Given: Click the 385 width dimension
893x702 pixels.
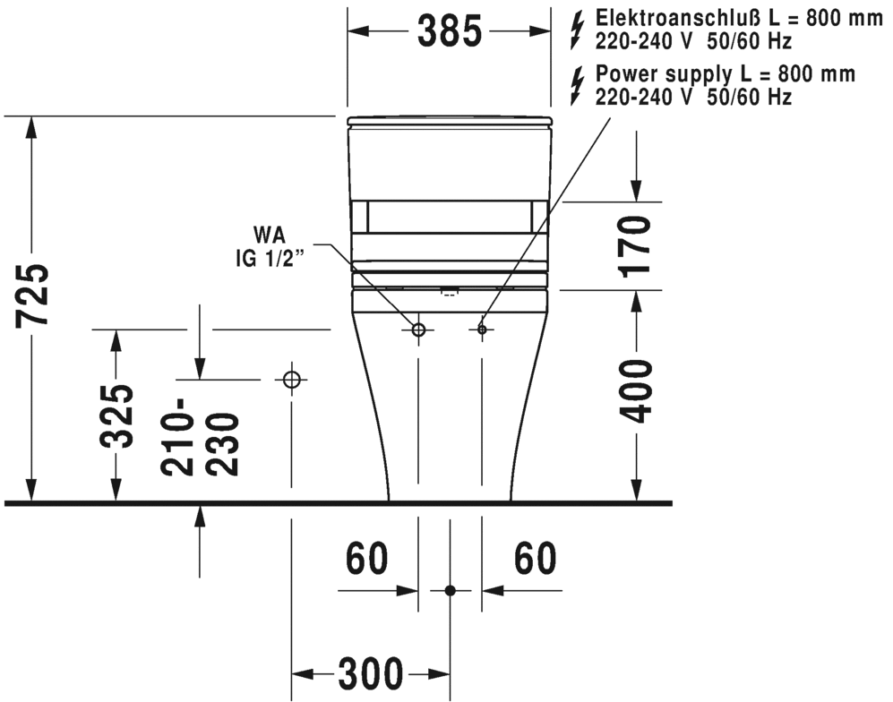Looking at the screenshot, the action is tap(450, 31).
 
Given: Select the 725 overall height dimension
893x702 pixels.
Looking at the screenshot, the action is tap(32, 295).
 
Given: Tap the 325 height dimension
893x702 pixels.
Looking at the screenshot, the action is tap(116, 416).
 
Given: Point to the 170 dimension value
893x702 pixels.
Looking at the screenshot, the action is tap(636, 246).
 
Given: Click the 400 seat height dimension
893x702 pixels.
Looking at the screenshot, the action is tap(636, 391).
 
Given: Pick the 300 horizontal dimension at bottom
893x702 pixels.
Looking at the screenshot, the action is tap(371, 674).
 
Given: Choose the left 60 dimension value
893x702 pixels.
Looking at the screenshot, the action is tap(367, 559).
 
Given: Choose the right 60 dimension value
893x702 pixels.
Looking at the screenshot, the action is tap(536, 559).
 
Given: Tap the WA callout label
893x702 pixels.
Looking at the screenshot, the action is tap(270, 235).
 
